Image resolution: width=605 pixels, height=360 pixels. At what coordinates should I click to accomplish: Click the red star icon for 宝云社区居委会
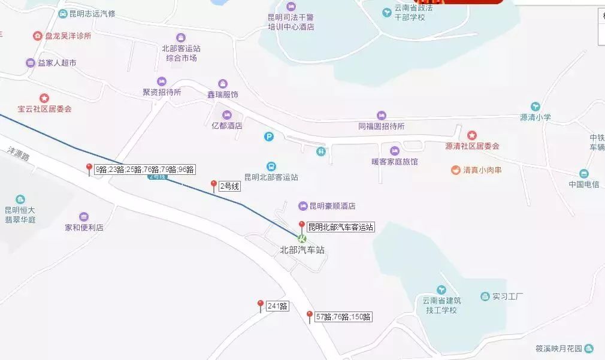click(44, 98)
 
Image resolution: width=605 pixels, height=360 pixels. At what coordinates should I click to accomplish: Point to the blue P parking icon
click(270, 137)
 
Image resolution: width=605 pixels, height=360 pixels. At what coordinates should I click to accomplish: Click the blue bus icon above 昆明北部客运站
click(271, 166)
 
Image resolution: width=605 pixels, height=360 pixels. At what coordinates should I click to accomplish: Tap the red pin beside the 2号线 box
click(213, 185)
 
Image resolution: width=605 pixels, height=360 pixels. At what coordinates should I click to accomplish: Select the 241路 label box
click(277, 306)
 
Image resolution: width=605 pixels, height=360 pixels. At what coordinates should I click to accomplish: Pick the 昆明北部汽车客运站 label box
click(340, 227)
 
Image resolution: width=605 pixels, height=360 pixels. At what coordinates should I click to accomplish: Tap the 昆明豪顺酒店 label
click(332, 206)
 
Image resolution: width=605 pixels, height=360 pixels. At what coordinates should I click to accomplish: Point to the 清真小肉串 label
click(482, 170)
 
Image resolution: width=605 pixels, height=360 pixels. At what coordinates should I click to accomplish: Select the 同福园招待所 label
click(382, 126)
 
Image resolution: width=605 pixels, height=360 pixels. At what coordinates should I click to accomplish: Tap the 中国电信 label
click(583, 184)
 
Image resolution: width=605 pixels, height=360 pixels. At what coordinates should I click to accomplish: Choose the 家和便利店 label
click(84, 228)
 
